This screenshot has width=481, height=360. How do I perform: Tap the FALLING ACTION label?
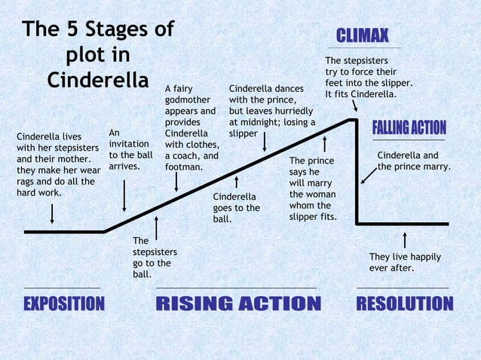pyautogui.click(x=409, y=128)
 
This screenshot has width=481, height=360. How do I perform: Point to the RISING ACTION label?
pyautogui.click(x=237, y=304)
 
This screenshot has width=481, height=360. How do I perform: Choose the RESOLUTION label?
pyautogui.click(x=404, y=304)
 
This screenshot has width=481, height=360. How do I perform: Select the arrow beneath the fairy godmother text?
pyautogui.click(x=176, y=181)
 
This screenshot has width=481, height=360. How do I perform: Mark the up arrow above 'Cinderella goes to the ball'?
pyautogui.click(x=237, y=183)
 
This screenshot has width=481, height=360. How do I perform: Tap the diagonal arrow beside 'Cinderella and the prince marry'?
pyautogui.click(x=369, y=175)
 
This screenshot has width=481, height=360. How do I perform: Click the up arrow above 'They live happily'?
pyautogui.click(x=406, y=239)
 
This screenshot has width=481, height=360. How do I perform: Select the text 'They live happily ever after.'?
pyautogui.click(x=405, y=262)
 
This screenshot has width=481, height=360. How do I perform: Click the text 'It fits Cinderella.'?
pyautogui.click(x=360, y=93)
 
